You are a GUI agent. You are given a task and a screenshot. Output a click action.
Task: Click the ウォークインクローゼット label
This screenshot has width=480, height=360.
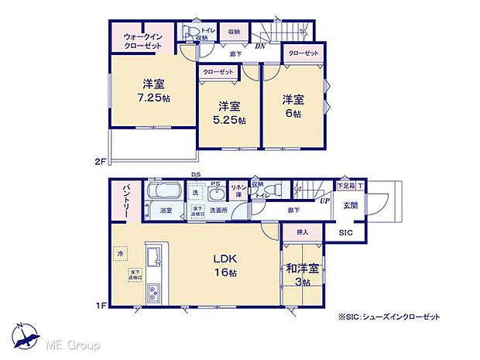(x=142, y=41)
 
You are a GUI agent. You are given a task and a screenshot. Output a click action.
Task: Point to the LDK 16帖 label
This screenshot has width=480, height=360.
(x=223, y=266)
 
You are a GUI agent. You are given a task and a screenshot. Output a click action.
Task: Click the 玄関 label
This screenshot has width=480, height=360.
(x=349, y=206)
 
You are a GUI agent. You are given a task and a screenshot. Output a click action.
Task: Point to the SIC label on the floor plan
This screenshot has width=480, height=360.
(x=346, y=231)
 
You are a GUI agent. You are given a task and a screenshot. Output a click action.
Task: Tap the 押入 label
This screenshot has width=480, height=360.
(x=302, y=232)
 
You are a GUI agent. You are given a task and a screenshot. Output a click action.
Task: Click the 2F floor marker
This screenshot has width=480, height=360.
(x=98, y=161)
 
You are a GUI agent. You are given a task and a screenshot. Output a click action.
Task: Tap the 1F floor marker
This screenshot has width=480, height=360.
(x=98, y=306)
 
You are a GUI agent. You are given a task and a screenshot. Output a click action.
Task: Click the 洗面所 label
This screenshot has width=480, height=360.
(x=219, y=210)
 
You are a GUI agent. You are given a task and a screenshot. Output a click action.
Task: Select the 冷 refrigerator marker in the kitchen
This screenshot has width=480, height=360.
(x=120, y=252)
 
